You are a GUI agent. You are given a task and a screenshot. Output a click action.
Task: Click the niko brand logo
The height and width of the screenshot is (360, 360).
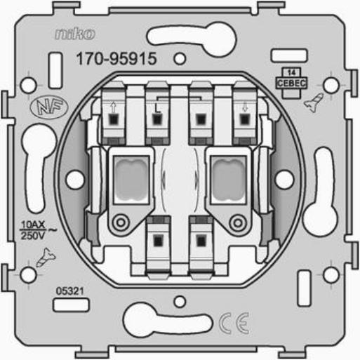(75, 34)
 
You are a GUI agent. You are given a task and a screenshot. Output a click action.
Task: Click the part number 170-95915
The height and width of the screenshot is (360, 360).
(116, 58)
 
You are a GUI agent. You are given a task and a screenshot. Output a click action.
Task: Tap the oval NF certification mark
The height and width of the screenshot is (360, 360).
(49, 108)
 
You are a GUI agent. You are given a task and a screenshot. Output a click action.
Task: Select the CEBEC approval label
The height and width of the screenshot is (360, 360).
(291, 84)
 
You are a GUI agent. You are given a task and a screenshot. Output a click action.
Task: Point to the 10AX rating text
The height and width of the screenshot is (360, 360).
(33, 225)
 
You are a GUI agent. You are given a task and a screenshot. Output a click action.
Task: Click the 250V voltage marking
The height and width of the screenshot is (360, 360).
(32, 236)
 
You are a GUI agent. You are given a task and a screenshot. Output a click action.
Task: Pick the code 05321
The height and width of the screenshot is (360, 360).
(70, 291)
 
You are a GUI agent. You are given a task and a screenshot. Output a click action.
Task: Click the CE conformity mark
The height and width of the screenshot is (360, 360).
(234, 324)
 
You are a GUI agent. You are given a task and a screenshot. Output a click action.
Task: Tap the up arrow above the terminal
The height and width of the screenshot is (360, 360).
(113, 108)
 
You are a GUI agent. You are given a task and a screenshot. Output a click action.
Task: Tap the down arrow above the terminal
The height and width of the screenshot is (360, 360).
(245, 108)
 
